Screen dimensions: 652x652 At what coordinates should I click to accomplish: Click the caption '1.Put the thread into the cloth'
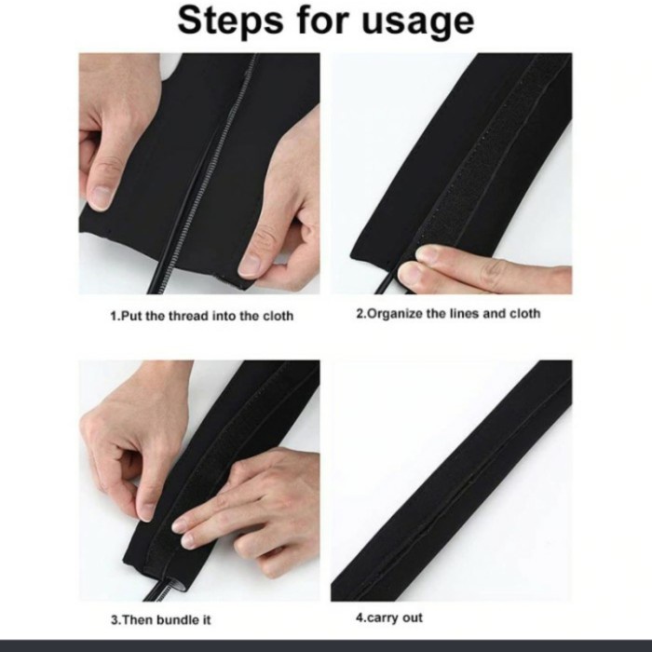(x=201, y=316)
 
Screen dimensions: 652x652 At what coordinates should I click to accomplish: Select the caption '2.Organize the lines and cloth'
(x=448, y=313)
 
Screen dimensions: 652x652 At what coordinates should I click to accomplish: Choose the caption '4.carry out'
(x=390, y=618)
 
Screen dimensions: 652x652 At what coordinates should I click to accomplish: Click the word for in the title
(x=321, y=20)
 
